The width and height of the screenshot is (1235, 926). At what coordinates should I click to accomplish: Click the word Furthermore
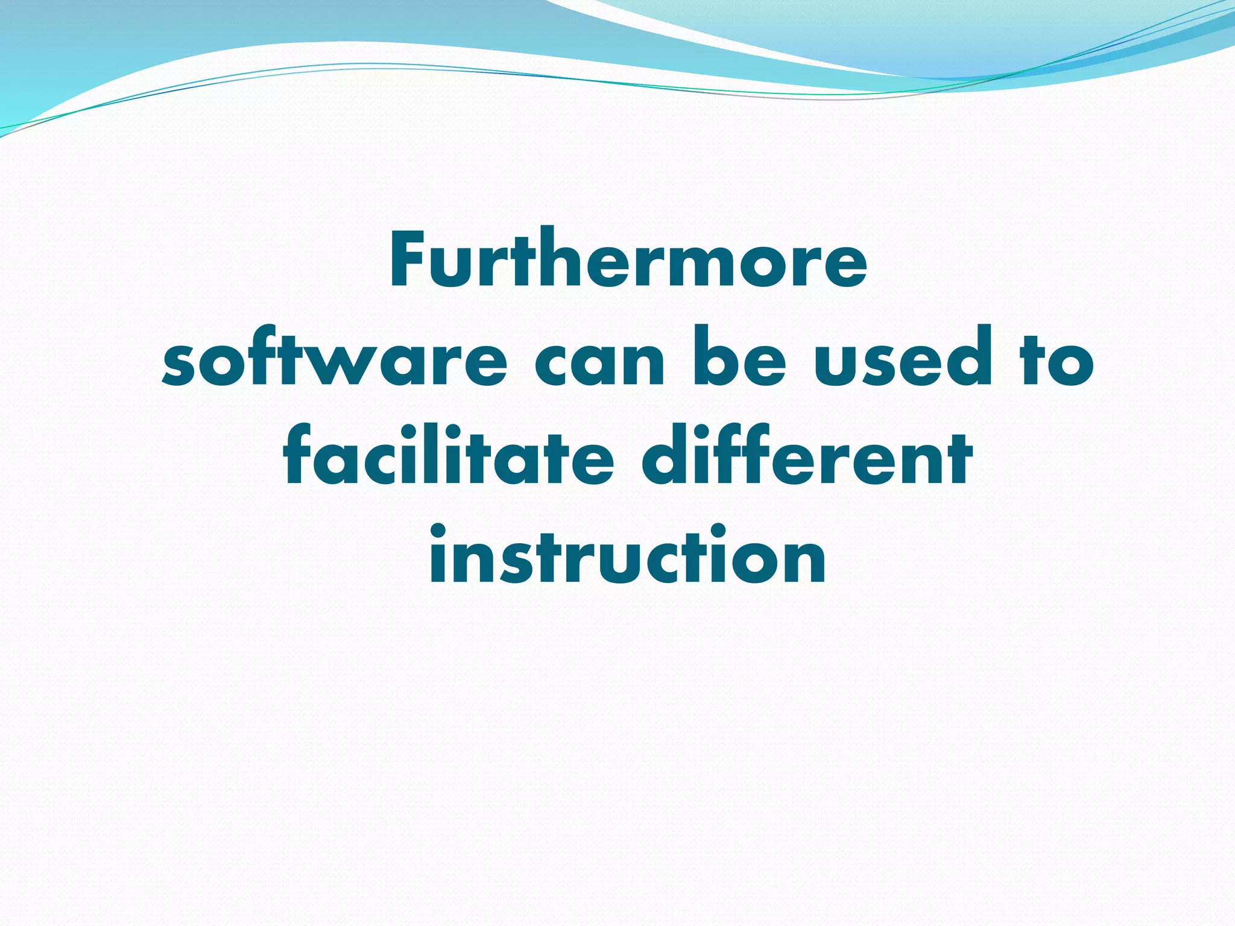(x=628, y=260)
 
